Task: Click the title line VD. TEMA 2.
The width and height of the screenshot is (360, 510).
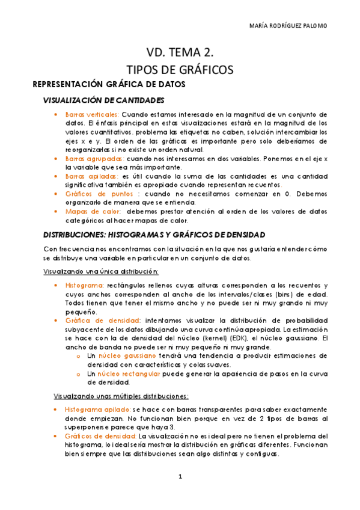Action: [x=180, y=52]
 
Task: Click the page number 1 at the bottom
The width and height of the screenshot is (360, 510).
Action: [x=179, y=476]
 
